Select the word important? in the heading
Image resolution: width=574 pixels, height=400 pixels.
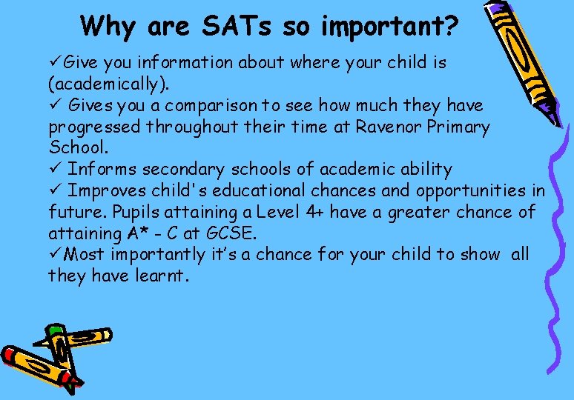(x=390, y=27)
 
